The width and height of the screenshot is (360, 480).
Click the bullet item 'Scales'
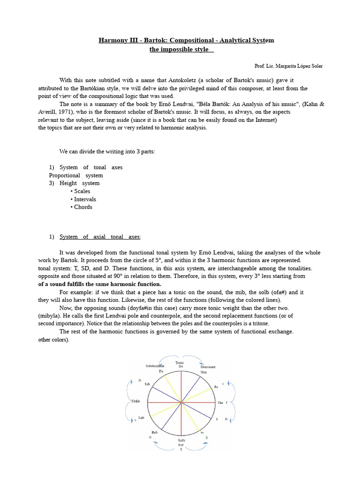(x=82, y=191)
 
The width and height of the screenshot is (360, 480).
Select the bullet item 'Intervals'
(x=85, y=199)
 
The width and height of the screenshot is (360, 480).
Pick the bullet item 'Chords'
(x=83, y=207)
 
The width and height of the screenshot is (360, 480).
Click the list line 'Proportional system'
(x=76, y=175)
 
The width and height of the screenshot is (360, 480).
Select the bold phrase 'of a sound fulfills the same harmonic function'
(x=99, y=284)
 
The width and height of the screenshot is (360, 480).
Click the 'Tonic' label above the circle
(x=180, y=362)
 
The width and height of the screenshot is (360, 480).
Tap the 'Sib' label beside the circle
(x=147, y=384)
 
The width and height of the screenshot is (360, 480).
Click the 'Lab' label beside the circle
(x=141, y=418)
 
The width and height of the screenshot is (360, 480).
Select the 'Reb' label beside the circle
(x=154, y=432)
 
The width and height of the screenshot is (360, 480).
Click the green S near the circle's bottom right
(x=207, y=437)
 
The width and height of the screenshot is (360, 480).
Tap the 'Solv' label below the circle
(x=181, y=440)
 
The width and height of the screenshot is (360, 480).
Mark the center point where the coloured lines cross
(x=181, y=402)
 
